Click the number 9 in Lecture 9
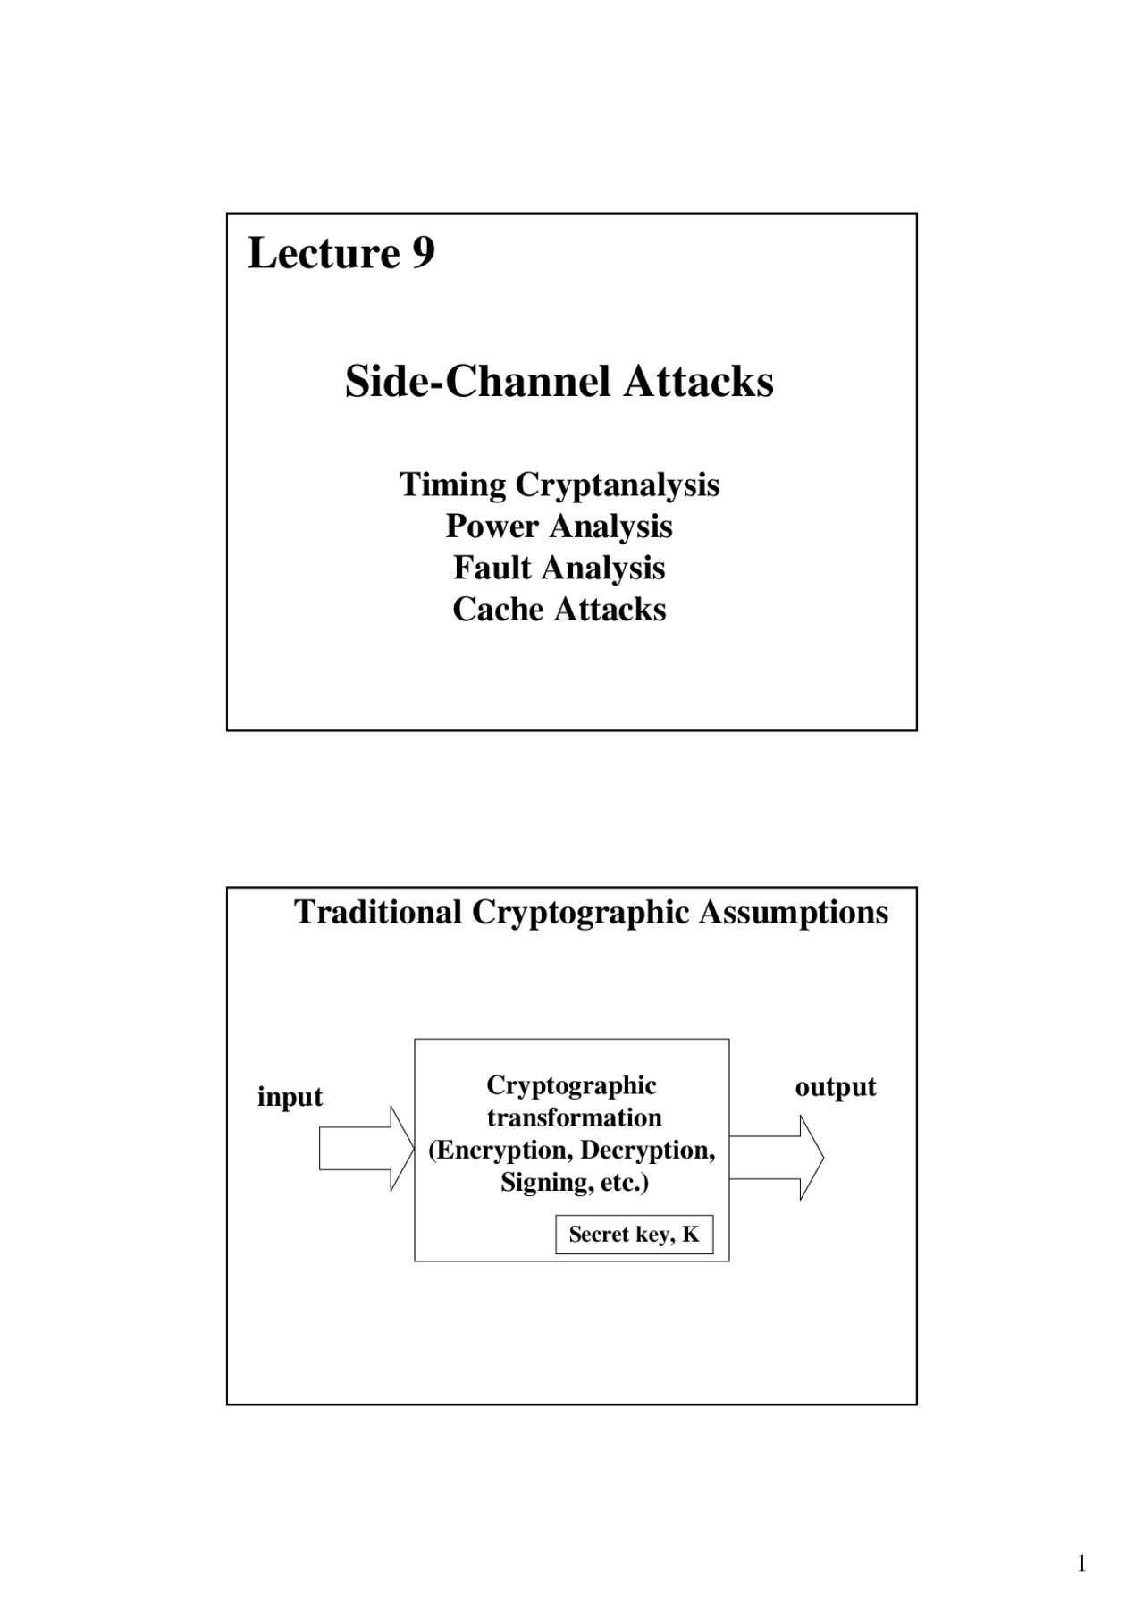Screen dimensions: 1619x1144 pos(423,253)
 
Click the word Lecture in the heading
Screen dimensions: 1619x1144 pos(324,253)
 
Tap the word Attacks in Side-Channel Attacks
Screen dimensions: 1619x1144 pos(698,382)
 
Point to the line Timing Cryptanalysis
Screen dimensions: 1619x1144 pos(559,485)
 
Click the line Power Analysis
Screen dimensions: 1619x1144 pos(559,526)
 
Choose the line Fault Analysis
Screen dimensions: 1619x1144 pos(559,568)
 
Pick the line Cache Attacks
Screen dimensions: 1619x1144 pos(559,609)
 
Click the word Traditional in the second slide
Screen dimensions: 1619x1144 pos(378,913)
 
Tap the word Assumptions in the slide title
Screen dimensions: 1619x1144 pos(794,913)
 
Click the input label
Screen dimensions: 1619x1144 pos(290,1096)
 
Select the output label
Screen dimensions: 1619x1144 pos(836,1086)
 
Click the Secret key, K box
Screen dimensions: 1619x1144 pos(634,1235)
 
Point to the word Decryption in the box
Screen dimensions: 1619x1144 pos(647,1150)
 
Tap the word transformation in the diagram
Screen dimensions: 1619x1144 pos(574,1117)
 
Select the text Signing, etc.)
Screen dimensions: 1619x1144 pos(574,1182)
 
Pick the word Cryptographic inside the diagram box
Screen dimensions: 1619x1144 pos(571,1085)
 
